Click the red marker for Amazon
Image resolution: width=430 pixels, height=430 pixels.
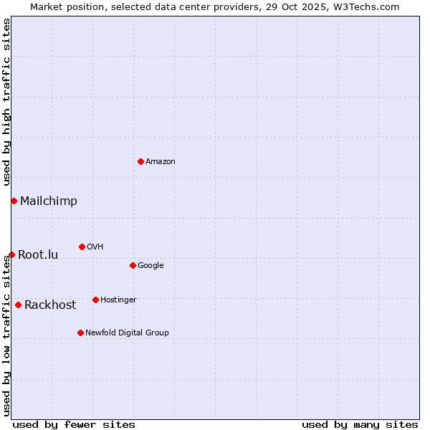click(x=140, y=161)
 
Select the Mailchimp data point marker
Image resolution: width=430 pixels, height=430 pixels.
click(x=14, y=201)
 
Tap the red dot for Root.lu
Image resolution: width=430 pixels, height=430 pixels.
click(x=11, y=254)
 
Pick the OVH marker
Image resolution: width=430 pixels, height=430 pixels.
click(x=82, y=247)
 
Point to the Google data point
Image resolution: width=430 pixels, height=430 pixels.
click(x=133, y=265)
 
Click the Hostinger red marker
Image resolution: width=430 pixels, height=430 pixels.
click(x=95, y=300)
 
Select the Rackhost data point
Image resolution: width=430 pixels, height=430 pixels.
click(x=18, y=305)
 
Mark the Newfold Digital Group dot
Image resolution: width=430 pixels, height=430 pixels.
click(x=80, y=333)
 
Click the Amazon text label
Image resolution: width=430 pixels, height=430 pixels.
click(x=161, y=161)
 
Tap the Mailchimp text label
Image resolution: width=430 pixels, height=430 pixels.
click(x=49, y=201)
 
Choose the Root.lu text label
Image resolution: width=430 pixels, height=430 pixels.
click(x=38, y=254)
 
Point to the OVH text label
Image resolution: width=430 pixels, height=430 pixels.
click(x=95, y=247)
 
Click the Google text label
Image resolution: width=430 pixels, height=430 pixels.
click(x=150, y=265)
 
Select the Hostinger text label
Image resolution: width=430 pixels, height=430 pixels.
click(x=118, y=300)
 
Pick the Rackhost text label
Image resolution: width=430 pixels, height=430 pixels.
click(x=50, y=305)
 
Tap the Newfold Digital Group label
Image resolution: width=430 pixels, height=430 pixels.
click(x=127, y=333)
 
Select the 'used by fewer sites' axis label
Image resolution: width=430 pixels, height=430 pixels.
click(x=74, y=424)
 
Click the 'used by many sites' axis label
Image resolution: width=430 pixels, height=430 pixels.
click(x=360, y=424)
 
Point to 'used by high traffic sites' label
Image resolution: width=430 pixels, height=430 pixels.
click(x=6, y=102)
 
